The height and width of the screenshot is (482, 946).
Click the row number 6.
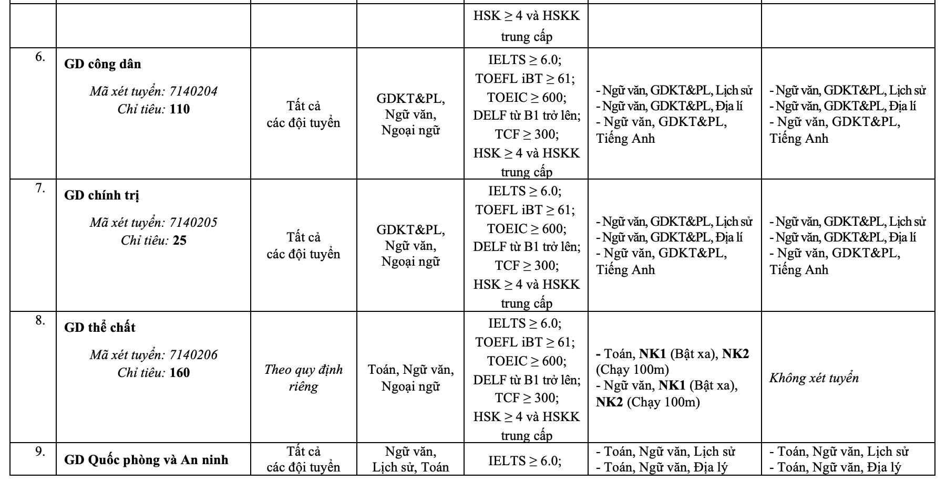click(40, 57)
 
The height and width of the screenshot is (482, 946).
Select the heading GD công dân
click(102, 64)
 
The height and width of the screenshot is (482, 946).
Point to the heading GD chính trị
click(102, 195)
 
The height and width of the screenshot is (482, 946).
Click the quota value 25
click(180, 240)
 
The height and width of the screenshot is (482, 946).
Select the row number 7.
click(40, 188)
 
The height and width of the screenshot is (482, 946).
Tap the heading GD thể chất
click(100, 328)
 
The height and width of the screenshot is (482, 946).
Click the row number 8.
click(40, 320)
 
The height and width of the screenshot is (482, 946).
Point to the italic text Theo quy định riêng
click(303, 378)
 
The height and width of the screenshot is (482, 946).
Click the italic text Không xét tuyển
click(814, 378)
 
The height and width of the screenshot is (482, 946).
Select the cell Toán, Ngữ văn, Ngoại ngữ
click(410, 378)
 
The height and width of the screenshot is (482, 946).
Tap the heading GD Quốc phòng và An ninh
click(146, 460)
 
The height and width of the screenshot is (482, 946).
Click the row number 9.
click(40, 451)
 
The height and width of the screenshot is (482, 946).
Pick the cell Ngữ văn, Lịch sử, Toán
click(410, 459)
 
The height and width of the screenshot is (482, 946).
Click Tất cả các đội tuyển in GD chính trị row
click(303, 246)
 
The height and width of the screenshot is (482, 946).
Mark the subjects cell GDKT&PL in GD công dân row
click(410, 114)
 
